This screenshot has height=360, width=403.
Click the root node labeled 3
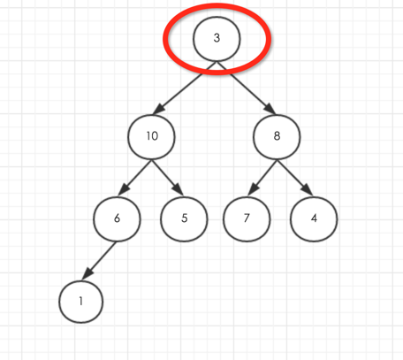click(x=217, y=39)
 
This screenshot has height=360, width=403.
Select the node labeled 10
click(x=151, y=137)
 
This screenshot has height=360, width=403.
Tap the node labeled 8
click(x=277, y=137)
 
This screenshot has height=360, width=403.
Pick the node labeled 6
click(x=117, y=219)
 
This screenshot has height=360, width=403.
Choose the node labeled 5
click(x=184, y=219)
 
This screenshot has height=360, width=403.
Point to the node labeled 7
click(x=247, y=219)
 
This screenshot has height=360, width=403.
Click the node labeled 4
click(x=314, y=219)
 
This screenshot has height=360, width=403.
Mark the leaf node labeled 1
click(x=81, y=302)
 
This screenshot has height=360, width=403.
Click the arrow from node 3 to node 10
click(x=185, y=88)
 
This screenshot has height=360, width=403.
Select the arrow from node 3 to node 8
click(x=247, y=88)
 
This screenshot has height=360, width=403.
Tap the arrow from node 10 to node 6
click(x=135, y=178)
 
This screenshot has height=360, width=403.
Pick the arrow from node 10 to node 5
click(x=167, y=178)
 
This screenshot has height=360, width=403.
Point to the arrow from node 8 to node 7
click(x=262, y=178)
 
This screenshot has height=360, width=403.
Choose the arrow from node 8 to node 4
click(x=294, y=178)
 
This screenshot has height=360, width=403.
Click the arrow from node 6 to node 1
click(x=99, y=260)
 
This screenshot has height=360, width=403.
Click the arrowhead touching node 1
click(x=87, y=273)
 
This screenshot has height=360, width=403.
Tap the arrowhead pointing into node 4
click(x=308, y=189)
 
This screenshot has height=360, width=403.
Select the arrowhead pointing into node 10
click(x=158, y=109)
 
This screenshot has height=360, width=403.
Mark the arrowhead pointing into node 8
click(x=270, y=108)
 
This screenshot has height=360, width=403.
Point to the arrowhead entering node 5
click(x=179, y=189)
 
